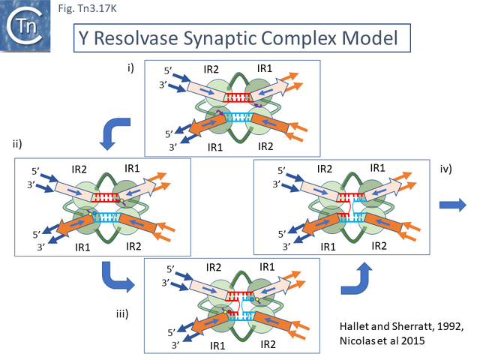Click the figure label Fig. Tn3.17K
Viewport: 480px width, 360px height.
pos(88,10)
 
